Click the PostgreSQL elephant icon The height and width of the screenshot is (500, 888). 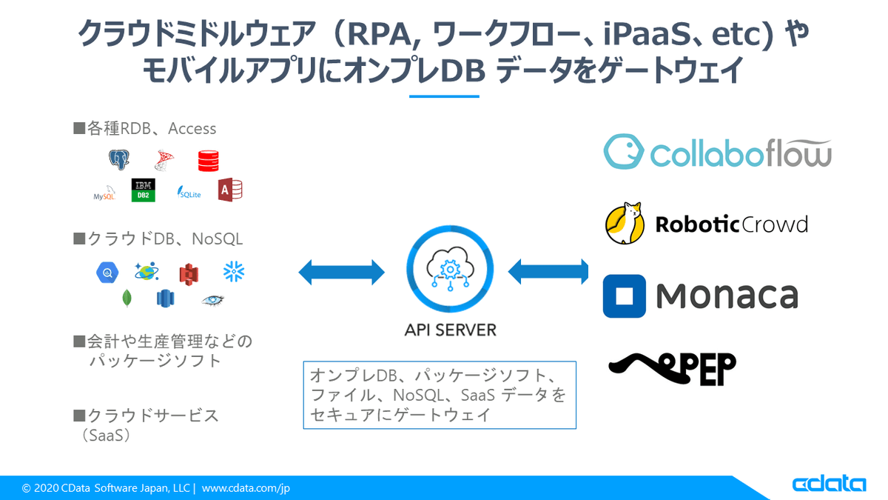[x=118, y=160]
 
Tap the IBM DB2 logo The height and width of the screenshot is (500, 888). [x=143, y=190]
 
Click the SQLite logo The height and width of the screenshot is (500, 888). [x=189, y=192]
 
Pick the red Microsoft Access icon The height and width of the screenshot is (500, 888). [x=230, y=190]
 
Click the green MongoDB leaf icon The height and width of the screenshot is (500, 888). [x=127, y=298]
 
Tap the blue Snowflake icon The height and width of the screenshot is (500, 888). [x=234, y=272]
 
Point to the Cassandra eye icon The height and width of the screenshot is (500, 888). [x=212, y=299]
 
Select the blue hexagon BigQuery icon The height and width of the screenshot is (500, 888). [x=107, y=273]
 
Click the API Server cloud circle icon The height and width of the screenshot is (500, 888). [x=450, y=272]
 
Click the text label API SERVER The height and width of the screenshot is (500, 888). [x=450, y=330]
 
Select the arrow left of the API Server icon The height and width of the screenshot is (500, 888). [x=341, y=272]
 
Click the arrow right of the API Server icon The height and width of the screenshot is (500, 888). [x=548, y=272]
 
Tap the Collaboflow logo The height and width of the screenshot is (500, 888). [x=717, y=152]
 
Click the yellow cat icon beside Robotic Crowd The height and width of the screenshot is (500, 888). [x=625, y=223]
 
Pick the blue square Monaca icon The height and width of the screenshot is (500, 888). [x=624, y=296]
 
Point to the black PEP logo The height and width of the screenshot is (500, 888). [x=672, y=366]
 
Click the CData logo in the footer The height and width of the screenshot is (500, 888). [x=829, y=484]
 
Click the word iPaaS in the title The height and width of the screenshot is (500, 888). [x=625, y=34]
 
